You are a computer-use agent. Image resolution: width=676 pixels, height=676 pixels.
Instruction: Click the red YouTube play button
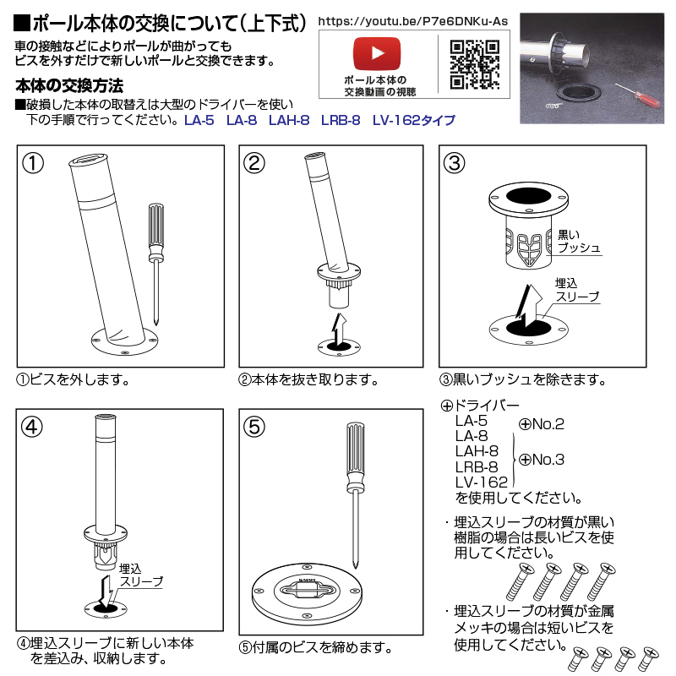click(x=377, y=53)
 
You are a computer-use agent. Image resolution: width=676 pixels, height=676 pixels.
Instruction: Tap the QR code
click(x=475, y=64)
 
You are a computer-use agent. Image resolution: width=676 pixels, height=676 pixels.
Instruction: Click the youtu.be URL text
click(x=413, y=21)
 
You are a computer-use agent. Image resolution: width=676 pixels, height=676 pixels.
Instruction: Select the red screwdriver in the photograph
click(x=637, y=96)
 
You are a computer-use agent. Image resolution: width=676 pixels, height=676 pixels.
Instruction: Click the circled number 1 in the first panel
click(x=33, y=163)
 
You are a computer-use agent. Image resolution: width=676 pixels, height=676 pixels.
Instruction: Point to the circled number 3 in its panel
click(x=455, y=163)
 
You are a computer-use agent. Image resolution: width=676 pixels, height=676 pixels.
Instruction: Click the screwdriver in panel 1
click(x=156, y=264)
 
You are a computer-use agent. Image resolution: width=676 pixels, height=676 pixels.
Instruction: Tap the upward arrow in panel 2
click(x=340, y=330)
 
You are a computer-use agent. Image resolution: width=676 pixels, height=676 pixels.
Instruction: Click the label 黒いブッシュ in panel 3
click(x=579, y=241)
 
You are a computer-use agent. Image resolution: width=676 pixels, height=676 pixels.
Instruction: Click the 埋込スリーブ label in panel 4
click(x=141, y=575)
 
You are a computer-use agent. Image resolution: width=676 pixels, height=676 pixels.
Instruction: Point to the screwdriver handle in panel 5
click(x=355, y=456)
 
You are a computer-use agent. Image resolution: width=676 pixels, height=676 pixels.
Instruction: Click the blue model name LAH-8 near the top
click(x=289, y=120)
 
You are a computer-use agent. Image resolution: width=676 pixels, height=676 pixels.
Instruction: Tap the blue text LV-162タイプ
click(x=414, y=120)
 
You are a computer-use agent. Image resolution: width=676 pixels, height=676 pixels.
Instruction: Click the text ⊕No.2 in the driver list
click(x=542, y=424)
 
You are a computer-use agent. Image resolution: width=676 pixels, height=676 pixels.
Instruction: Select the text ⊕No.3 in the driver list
click(x=542, y=460)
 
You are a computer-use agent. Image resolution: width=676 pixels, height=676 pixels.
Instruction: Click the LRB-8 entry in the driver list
click(x=477, y=467)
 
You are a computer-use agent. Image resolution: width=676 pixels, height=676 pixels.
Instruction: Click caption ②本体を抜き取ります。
click(x=308, y=379)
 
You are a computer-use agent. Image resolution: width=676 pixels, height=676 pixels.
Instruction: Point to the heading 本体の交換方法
click(x=69, y=86)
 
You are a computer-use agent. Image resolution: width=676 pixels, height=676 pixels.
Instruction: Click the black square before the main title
click(x=22, y=24)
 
